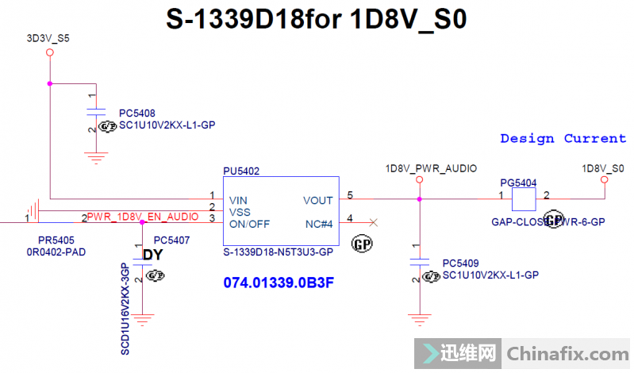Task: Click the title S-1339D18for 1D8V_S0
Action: pos(317,20)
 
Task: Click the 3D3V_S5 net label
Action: pos(44,37)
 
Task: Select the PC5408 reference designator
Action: pos(136,113)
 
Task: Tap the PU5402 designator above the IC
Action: pos(241,171)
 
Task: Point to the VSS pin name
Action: pos(240,212)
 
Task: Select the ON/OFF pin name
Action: pos(249,224)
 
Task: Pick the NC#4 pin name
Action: pos(317,224)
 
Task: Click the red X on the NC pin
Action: pos(374,223)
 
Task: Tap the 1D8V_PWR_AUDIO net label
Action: pos(420,168)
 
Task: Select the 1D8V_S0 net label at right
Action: pos(603,168)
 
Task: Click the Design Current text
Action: pos(563,139)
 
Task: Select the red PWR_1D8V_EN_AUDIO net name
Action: pos(143,216)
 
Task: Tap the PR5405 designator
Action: pos(56,240)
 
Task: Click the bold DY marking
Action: pos(152,255)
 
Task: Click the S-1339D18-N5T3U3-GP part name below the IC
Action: pos(279,251)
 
